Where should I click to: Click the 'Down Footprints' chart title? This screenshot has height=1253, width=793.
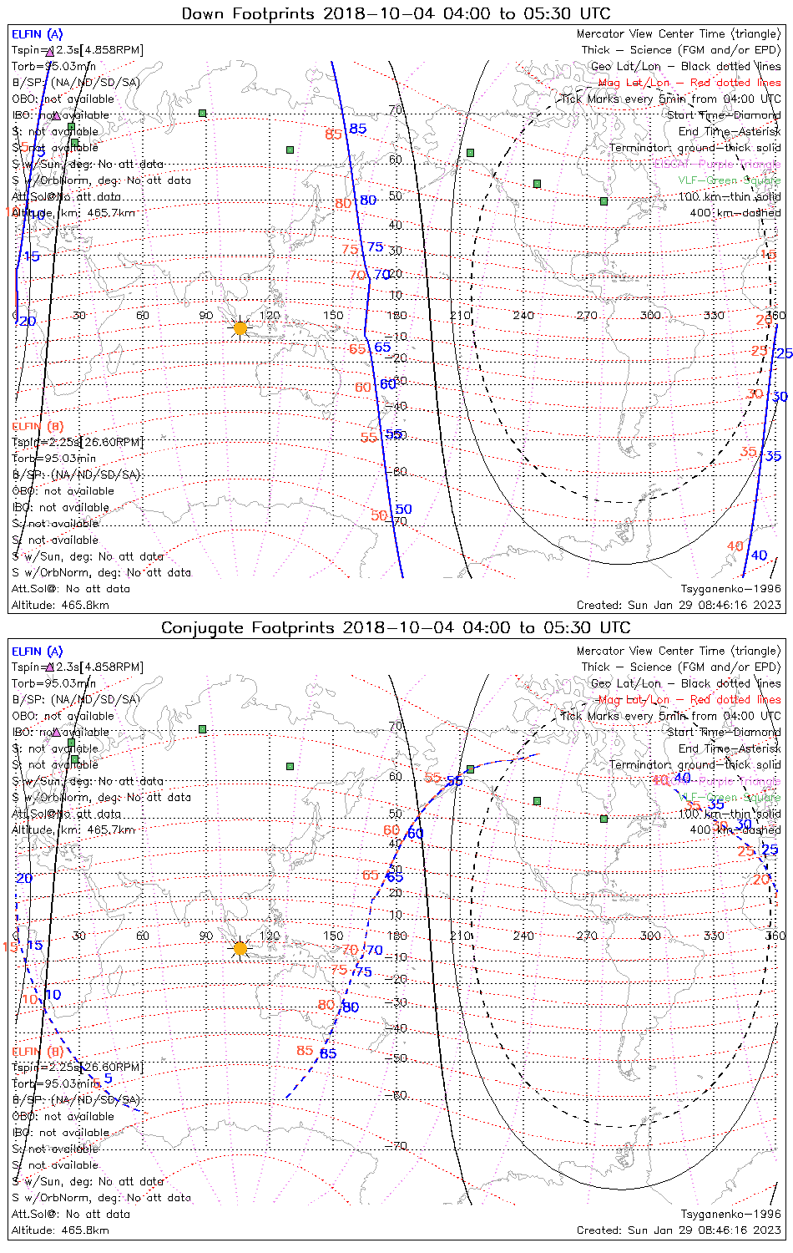[x=396, y=13]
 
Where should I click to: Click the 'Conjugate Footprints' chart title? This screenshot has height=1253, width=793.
[x=396, y=627]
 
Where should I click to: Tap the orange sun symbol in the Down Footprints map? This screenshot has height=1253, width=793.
[x=240, y=328]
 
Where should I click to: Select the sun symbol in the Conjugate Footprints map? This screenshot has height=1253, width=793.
[x=240, y=948]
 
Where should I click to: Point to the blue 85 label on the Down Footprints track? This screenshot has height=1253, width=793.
[x=358, y=129]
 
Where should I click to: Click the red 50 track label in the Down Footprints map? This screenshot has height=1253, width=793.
[x=379, y=516]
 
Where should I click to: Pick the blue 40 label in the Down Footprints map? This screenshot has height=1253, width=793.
[x=759, y=555]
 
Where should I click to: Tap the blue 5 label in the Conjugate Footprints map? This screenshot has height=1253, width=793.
[x=108, y=1078]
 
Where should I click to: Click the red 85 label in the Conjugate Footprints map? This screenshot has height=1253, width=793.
[x=305, y=1051]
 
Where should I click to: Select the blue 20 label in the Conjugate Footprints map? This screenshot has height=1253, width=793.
[x=24, y=878]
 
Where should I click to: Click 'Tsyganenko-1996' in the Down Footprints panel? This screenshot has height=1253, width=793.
[x=730, y=589]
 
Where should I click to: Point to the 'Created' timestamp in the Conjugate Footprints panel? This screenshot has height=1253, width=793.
[x=679, y=1230]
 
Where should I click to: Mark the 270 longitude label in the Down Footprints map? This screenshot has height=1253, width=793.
[x=587, y=316]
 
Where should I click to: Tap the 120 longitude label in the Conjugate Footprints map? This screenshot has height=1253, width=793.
[x=270, y=936]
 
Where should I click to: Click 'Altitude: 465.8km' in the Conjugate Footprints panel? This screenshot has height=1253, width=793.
[x=60, y=1230]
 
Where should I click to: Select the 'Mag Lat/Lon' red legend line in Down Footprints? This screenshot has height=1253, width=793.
[x=689, y=83]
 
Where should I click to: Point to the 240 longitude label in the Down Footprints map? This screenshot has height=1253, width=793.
[x=523, y=316]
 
